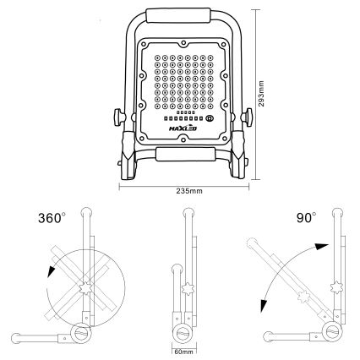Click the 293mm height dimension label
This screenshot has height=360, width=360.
coord(261,94)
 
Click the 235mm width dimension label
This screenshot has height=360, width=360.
coord(189,191)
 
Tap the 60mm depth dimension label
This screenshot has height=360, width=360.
coord(184,352)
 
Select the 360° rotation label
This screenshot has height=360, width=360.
coord(52,218)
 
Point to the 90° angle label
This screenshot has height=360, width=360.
coord(307,218)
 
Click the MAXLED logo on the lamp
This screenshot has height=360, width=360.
coord(183,128)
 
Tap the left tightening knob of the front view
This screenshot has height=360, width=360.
coord(119,117)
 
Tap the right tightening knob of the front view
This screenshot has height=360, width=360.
coord(247,117)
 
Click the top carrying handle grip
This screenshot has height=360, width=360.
coord(178,15)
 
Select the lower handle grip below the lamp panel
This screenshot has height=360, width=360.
coord(185,154)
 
